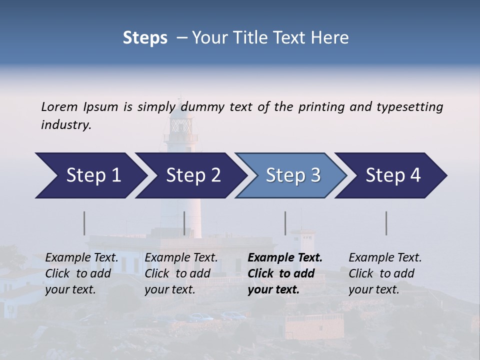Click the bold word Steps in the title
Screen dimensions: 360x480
145,37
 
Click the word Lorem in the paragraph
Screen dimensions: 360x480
59,106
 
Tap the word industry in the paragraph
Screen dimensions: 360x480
66,124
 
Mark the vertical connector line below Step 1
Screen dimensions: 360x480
84,223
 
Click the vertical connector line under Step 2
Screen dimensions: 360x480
184,223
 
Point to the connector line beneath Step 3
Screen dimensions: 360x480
285,223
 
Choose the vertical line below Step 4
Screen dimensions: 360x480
386,223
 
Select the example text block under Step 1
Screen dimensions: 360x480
81,273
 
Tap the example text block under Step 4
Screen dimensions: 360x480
385,273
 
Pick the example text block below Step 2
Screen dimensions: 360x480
181,273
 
